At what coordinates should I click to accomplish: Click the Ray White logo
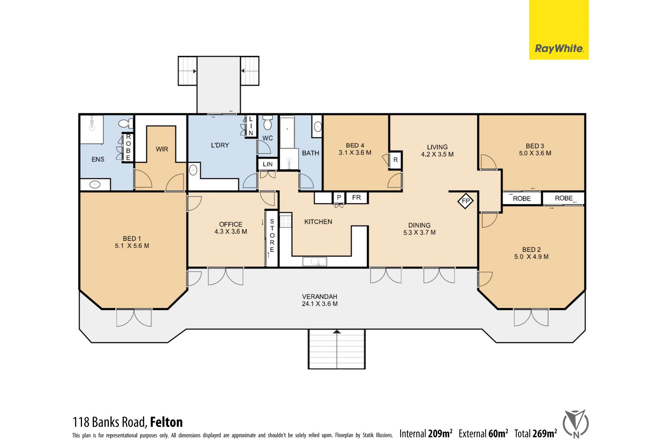click(x=559, y=30)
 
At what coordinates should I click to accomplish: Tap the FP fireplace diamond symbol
click(x=466, y=201)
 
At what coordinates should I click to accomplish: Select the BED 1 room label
click(x=132, y=238)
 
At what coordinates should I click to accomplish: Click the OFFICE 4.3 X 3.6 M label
click(x=231, y=228)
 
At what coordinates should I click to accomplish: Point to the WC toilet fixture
click(x=267, y=122)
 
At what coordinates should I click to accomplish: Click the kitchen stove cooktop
click(x=286, y=221)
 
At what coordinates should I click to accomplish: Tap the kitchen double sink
click(x=315, y=261)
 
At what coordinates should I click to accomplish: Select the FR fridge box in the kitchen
click(x=356, y=197)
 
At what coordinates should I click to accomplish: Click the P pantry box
click(x=339, y=197)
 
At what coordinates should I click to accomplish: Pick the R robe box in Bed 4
click(x=395, y=160)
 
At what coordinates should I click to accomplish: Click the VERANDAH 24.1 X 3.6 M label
click(x=320, y=300)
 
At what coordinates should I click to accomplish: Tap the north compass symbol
click(x=576, y=424)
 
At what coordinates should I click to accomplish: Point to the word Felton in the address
click(x=166, y=422)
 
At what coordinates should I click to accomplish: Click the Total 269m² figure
click(x=536, y=434)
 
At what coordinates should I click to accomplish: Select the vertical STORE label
click(x=272, y=235)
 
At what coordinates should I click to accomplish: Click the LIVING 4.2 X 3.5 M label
click(x=437, y=151)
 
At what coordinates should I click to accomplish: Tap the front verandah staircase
click(x=337, y=349)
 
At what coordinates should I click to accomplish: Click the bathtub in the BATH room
click(x=287, y=132)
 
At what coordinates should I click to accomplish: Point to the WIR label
click(x=162, y=149)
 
